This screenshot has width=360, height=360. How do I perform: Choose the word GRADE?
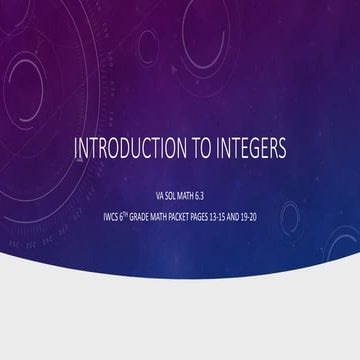coord(134,212)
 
